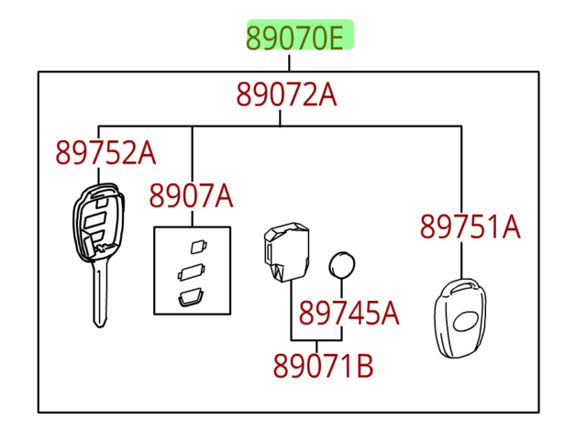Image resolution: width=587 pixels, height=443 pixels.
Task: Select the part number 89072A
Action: (286, 94)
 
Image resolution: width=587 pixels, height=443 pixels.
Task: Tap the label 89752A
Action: (105, 152)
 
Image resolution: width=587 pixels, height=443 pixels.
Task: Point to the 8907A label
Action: (191, 195)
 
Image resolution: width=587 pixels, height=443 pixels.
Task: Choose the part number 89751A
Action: (470, 226)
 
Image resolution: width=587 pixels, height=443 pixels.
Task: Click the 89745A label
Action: (349, 314)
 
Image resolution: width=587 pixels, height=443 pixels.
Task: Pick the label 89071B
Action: (323, 366)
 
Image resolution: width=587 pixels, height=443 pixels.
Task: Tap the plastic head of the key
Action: (95, 220)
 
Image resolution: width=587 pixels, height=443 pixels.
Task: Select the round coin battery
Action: (342, 265)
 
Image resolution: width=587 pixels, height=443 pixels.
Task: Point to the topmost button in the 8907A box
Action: (194, 245)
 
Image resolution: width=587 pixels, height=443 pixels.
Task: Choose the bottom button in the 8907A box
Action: (191, 295)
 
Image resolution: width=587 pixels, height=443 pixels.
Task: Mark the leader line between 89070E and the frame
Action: (289, 62)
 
